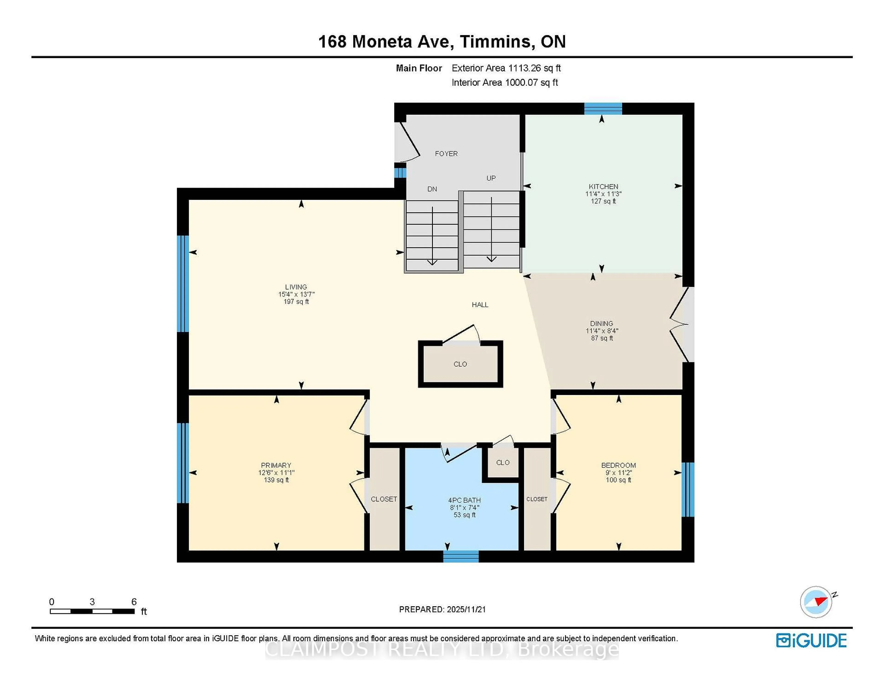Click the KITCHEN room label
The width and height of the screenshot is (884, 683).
(603, 187)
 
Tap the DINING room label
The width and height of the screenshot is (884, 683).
(602, 323)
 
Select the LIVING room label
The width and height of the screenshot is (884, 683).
(296, 287)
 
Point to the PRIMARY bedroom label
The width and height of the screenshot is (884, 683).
(276, 465)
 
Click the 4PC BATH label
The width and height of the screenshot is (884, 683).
(464, 500)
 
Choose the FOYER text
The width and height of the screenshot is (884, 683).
(446, 154)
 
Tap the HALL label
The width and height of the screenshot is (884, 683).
(480, 305)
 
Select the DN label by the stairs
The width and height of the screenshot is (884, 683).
(432, 189)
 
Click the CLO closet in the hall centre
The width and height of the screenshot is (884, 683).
(460, 364)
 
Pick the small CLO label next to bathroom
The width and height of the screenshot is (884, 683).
(503, 463)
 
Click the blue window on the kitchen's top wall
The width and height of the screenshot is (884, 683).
(603, 108)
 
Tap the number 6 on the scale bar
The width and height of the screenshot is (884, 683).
(134, 602)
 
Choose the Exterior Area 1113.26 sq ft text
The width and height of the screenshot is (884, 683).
(506, 68)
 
